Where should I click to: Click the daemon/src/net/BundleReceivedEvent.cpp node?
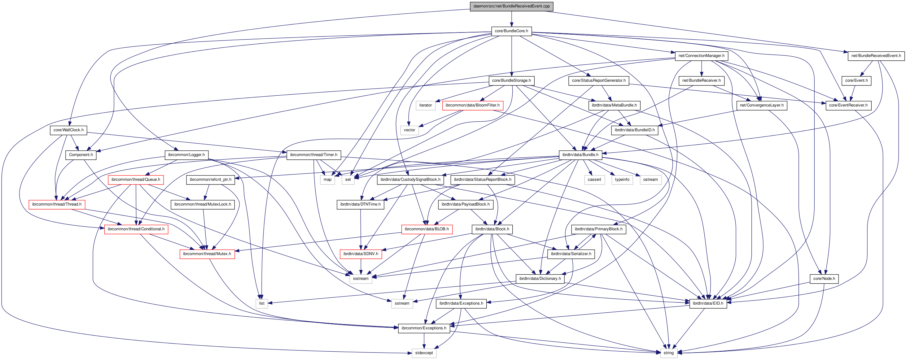point(511,6)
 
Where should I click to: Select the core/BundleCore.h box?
point(511,31)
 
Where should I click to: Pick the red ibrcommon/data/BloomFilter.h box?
point(472,106)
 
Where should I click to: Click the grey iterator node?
point(425,106)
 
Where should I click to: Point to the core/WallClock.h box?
point(68,130)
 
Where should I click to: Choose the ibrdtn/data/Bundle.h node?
point(580,155)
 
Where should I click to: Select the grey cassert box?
point(594,180)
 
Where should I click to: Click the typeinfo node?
point(622,180)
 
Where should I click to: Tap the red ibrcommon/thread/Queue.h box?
point(136,180)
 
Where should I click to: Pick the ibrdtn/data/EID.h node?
point(708,303)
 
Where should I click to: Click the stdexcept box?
point(424,353)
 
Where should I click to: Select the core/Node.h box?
point(824,279)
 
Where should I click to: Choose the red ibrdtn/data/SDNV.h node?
point(361,254)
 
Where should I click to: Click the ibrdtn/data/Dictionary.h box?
point(540,279)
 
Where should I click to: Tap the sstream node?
point(402,303)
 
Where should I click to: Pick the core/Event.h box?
point(856,80)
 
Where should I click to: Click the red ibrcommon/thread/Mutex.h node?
point(207,254)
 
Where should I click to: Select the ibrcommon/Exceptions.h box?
point(424,328)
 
